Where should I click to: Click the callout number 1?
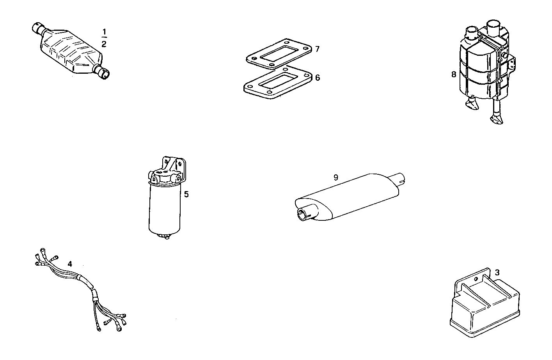[x=104, y=31]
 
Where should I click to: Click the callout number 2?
[x=104, y=44]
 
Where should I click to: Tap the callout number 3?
[x=497, y=272]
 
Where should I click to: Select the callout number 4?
[x=69, y=264]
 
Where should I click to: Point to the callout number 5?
[x=186, y=194]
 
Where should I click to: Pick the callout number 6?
[x=318, y=78]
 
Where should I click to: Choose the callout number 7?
[x=318, y=49]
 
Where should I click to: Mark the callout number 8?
[x=454, y=74]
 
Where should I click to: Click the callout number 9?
[x=336, y=177]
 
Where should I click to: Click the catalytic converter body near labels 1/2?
[x=70, y=49]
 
